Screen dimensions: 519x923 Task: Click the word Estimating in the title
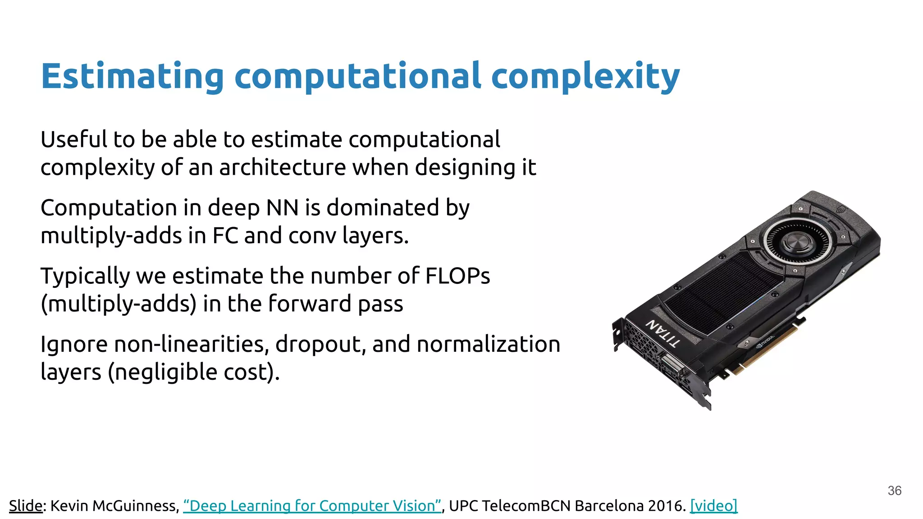pyautogui.click(x=132, y=77)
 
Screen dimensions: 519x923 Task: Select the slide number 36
pyautogui.click(x=895, y=491)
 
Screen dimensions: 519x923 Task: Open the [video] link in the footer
pyautogui.click(x=713, y=506)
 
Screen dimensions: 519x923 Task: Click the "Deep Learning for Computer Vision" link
pyautogui.click(x=312, y=506)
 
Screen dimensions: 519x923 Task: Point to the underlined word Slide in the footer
pyautogui.click(x=26, y=506)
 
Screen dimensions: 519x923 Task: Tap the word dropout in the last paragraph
pyautogui.click(x=320, y=344)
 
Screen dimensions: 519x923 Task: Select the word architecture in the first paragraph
pyautogui.click(x=282, y=168)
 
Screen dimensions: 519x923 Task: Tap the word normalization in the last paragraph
pyautogui.click(x=489, y=344)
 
